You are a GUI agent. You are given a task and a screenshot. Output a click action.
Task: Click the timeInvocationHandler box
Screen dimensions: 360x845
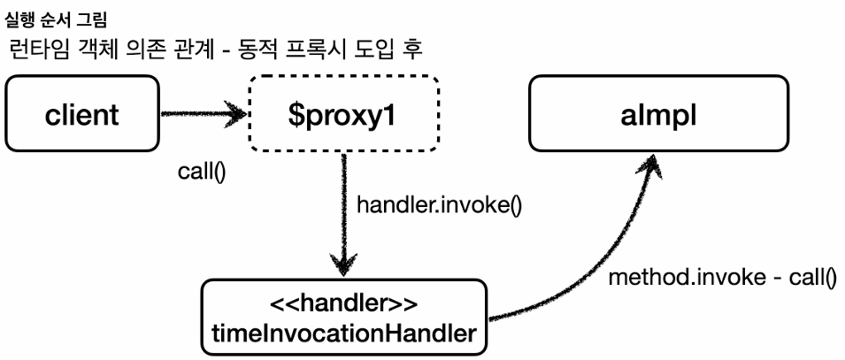coord(343,319)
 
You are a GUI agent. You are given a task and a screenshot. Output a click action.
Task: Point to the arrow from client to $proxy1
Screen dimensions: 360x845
coord(204,113)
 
